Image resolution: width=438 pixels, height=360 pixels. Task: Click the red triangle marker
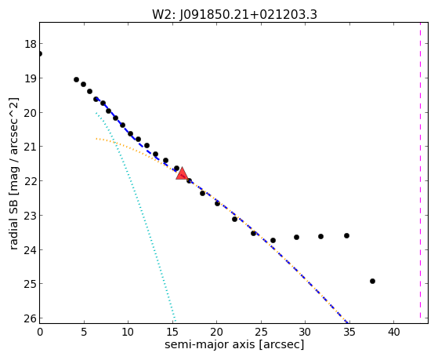point(182,173)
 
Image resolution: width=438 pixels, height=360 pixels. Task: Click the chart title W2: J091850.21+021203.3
point(234,15)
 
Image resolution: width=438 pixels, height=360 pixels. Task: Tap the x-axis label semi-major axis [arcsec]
point(234,344)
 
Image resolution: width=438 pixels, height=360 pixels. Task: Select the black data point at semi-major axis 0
point(40,53)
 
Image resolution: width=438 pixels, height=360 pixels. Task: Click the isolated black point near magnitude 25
point(372,281)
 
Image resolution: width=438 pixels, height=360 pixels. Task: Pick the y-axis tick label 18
point(30,44)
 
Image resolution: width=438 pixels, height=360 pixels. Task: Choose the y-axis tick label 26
point(30,318)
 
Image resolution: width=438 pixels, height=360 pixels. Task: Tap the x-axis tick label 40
point(393,333)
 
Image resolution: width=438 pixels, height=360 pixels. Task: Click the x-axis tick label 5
point(84,333)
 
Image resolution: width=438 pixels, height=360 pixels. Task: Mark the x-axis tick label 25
point(261,333)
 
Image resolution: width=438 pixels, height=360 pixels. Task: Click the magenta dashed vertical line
point(420,170)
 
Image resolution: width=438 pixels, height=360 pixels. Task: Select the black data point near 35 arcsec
point(346,236)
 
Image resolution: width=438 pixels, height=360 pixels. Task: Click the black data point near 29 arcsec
point(297,237)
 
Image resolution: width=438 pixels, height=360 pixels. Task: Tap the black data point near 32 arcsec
point(321,236)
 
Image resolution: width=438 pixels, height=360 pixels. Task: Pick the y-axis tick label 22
point(30,181)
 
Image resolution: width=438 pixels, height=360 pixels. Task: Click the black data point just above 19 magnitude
point(76,80)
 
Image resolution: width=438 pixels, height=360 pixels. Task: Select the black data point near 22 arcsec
point(234,219)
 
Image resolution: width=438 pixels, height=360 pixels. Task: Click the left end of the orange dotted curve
point(96,139)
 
